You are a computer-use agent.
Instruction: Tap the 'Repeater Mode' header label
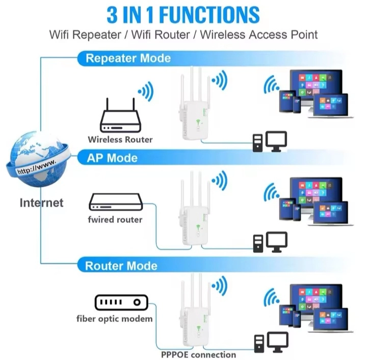(128, 58)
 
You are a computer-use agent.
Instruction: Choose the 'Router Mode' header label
(121, 266)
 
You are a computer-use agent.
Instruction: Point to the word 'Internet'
(41, 202)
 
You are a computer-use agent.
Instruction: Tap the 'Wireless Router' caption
(120, 139)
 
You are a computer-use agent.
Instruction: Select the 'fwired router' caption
(115, 220)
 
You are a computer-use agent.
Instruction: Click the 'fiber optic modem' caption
(115, 319)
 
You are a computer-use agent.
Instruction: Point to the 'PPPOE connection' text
(199, 354)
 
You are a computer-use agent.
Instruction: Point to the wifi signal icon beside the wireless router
(145, 92)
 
